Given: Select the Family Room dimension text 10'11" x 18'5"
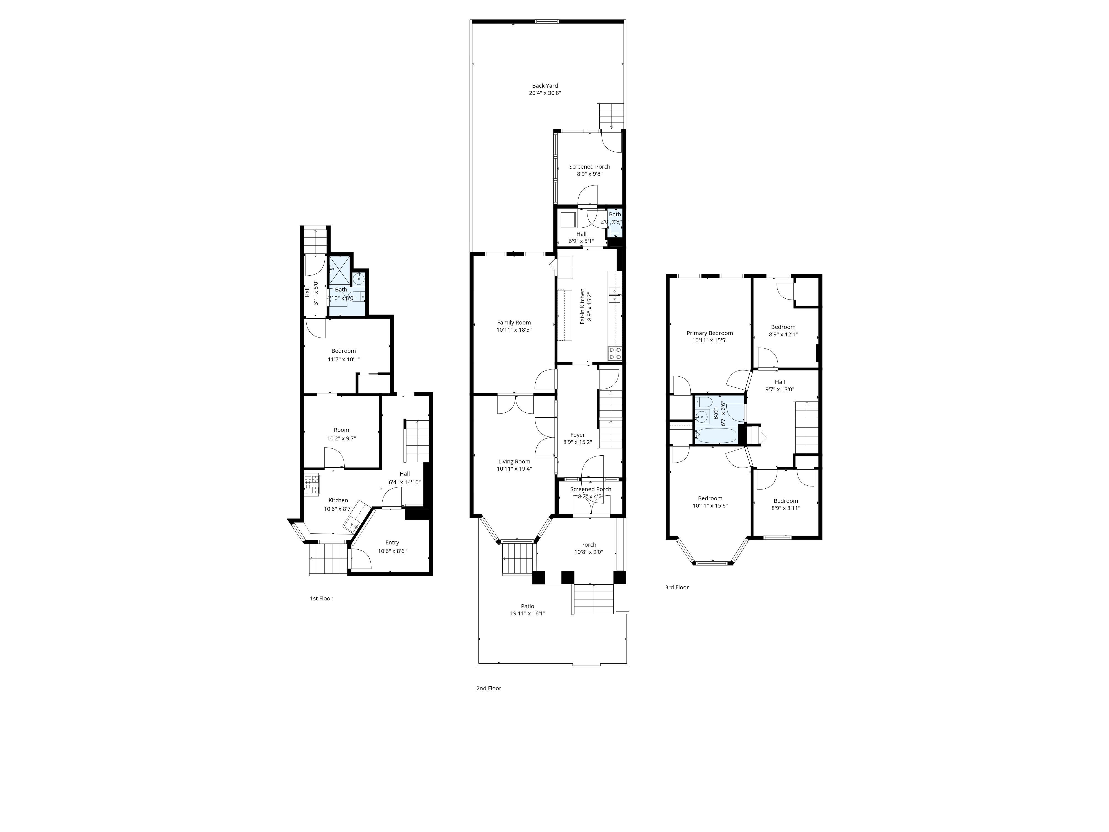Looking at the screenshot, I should [x=514, y=330].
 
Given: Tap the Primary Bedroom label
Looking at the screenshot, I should [x=709, y=333].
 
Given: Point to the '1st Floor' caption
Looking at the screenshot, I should [x=321, y=598].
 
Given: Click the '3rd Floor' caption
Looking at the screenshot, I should [x=677, y=587].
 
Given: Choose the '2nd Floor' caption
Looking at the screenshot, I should [x=488, y=688].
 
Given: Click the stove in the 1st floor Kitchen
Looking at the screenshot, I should [x=311, y=485].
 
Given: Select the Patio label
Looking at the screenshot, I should [x=527, y=606].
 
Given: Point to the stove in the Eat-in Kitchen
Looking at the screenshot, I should [x=615, y=354].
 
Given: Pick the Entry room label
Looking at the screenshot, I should [x=392, y=543].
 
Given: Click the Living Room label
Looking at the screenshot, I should [x=514, y=462].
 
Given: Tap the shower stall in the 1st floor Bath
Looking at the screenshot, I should [x=339, y=271].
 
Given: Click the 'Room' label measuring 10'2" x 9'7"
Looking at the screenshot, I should [x=341, y=430].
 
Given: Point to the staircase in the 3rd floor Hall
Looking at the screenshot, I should [x=805, y=427].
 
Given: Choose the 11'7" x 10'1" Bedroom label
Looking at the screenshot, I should [x=344, y=351].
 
